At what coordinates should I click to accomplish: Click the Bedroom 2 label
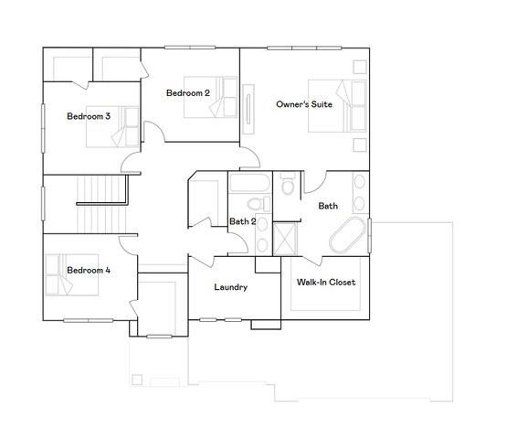click(188, 93)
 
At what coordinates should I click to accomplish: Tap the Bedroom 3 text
click(89, 116)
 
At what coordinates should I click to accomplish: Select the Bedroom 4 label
click(89, 271)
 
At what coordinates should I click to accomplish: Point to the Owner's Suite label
click(304, 104)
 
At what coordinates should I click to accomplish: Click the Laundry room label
click(231, 287)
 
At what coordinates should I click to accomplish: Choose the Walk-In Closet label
click(326, 283)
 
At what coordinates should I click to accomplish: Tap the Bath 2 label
click(241, 220)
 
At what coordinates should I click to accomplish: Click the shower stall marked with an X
click(287, 237)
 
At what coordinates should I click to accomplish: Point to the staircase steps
click(96, 203)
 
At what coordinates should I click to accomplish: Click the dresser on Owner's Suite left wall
click(248, 106)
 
